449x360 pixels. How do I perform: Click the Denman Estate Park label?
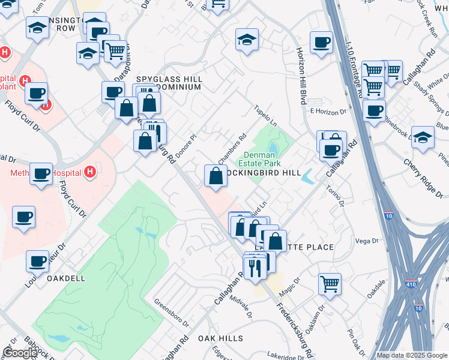coord(259,158)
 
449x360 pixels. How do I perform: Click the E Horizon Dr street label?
coord(328,112)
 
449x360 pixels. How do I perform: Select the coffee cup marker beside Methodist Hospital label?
coord(41,174)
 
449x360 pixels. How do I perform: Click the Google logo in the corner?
coord(19,353)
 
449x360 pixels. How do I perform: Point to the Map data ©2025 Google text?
coord(412,355)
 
